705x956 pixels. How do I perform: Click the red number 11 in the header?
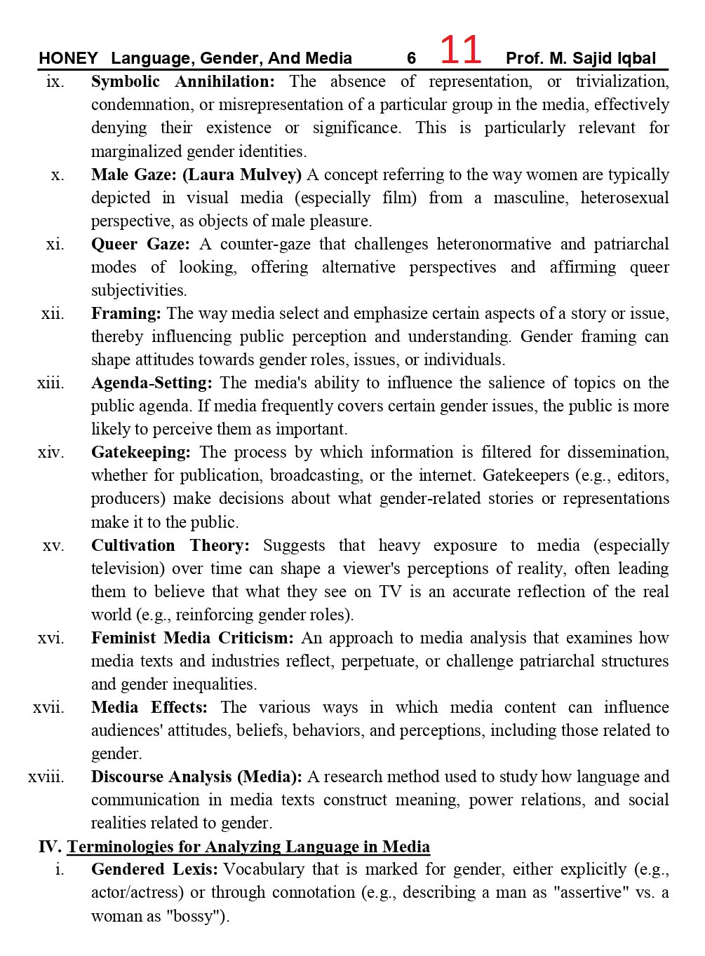point(460,50)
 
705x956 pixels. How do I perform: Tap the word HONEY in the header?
point(68,58)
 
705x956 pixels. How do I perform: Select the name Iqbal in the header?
point(636,58)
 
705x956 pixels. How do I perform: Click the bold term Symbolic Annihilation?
point(182,81)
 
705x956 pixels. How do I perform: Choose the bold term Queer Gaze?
point(140,244)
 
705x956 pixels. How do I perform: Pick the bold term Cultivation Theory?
point(170,545)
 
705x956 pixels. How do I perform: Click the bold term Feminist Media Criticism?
point(192,638)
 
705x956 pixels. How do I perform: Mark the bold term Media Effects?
point(149,707)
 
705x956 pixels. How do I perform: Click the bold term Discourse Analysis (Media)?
point(196,777)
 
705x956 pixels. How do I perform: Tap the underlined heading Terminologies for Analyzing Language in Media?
point(248,847)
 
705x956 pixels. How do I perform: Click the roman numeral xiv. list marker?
point(51,452)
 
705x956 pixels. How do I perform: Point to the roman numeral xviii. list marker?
point(46,777)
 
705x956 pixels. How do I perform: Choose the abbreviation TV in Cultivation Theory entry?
point(390,592)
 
